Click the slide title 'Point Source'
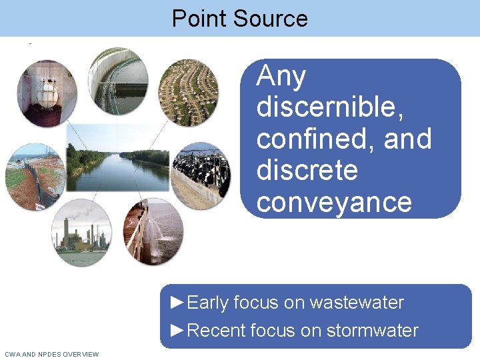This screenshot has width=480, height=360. point(239,18)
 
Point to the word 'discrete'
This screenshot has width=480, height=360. point(307,171)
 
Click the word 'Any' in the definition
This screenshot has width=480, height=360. point(281,77)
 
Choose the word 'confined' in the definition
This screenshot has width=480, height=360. point(315,139)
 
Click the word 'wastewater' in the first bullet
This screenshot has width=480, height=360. point(357,303)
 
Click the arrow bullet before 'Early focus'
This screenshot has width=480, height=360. point(178,303)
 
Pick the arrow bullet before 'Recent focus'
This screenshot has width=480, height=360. point(178,330)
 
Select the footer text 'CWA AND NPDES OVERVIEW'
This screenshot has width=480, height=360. point(51,354)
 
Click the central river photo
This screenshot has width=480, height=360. point(117,163)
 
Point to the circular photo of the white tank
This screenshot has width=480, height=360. point(47,93)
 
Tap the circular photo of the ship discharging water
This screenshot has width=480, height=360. point(154,231)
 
